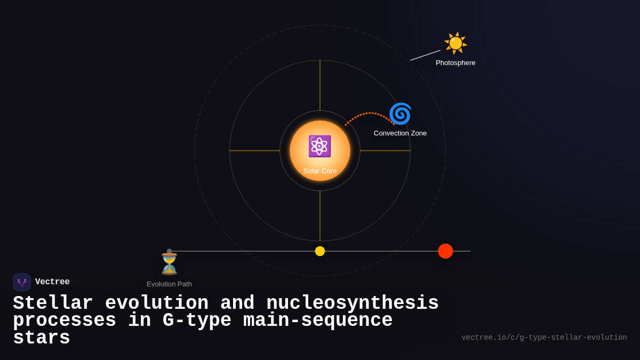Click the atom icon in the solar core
click(319, 146)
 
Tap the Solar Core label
click(320, 171)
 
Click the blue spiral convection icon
click(400, 114)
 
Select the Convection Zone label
click(400, 133)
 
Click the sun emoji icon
click(455, 43)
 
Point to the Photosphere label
click(455, 63)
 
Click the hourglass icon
click(169, 264)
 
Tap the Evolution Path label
click(169, 284)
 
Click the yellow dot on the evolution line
click(320, 251)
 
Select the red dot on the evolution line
click(445, 251)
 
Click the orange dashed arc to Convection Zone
click(368, 114)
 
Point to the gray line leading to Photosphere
click(425, 55)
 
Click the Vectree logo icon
click(22, 282)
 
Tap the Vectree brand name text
click(52, 282)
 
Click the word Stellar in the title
click(53, 303)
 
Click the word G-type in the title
click(197, 321)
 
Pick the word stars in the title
click(42, 338)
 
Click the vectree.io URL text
click(544, 338)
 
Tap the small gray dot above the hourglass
click(170, 251)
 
